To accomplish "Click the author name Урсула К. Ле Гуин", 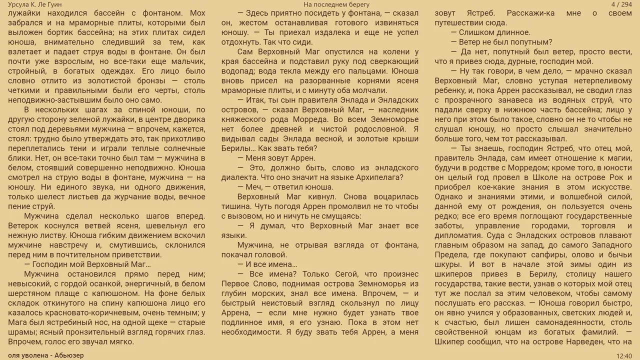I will pos(35,4).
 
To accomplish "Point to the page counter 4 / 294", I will pos(621,4).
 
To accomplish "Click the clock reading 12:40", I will pos(624,356).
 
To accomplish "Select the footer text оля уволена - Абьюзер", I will pos(45,355).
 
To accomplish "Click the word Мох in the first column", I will pos(196,13).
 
